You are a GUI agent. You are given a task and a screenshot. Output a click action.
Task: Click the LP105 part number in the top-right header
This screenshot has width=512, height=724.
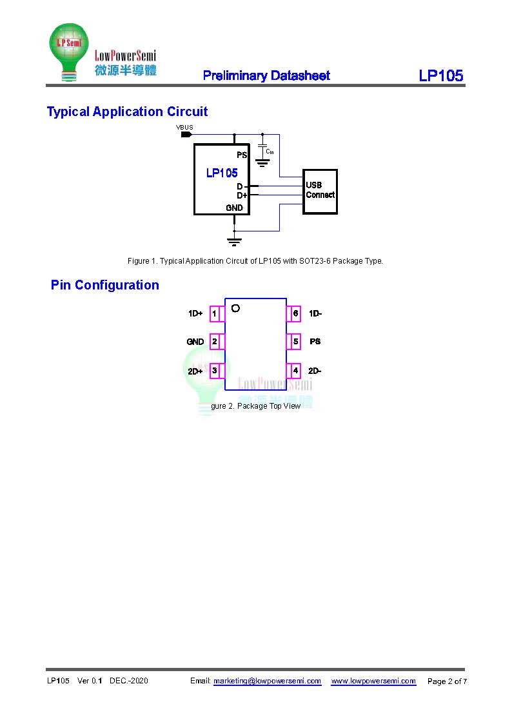click(x=440, y=75)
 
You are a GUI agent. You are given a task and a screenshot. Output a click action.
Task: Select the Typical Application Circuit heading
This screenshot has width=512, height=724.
click(x=127, y=112)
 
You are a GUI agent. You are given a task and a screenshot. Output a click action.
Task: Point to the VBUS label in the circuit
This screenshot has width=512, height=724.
click(x=184, y=128)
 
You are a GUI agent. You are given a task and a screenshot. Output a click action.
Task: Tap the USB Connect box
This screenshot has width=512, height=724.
click(x=320, y=191)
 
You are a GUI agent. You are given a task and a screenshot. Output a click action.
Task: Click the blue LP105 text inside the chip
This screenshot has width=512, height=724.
click(x=222, y=173)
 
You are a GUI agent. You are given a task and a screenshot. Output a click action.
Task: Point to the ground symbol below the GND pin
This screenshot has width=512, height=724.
click(x=234, y=242)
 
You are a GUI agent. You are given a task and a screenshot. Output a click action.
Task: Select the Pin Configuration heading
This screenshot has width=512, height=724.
click(x=104, y=285)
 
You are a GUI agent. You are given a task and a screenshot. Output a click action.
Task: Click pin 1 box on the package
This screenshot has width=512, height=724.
click(x=215, y=314)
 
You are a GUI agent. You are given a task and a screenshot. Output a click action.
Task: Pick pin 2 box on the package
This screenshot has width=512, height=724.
click(x=215, y=342)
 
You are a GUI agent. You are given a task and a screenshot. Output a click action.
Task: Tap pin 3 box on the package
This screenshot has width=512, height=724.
click(x=215, y=371)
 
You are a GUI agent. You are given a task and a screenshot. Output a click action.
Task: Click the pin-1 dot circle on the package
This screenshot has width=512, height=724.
click(x=235, y=308)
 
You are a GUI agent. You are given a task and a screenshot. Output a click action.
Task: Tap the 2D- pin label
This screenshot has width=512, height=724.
click(x=315, y=371)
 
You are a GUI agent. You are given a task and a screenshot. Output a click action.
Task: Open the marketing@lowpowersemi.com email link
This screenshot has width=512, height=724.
click(x=267, y=681)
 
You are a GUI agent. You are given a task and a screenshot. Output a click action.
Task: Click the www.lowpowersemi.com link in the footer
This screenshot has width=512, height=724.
click(x=373, y=681)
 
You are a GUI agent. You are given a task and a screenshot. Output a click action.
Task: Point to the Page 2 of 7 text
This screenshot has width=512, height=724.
click(x=447, y=681)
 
